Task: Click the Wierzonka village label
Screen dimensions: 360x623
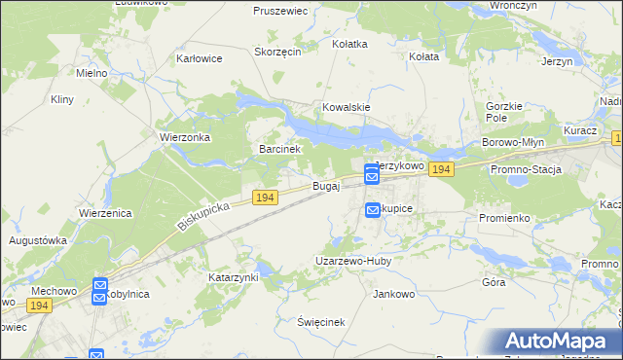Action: [x=185, y=138]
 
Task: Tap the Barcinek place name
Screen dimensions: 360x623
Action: [x=283, y=150]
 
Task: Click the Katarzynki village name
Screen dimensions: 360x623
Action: [x=234, y=277]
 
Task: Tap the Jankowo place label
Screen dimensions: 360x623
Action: [x=394, y=293]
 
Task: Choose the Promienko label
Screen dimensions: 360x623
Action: [x=504, y=218]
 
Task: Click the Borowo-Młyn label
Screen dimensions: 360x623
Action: [x=512, y=142]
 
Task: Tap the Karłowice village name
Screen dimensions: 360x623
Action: [x=200, y=58]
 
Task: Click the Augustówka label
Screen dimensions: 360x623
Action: [x=37, y=239]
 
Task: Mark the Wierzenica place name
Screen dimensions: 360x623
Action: [x=105, y=213]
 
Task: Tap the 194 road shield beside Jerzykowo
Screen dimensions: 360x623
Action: [x=441, y=170]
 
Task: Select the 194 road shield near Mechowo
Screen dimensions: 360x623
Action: [x=39, y=306]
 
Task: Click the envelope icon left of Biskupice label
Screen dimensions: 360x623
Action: [x=372, y=209]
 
